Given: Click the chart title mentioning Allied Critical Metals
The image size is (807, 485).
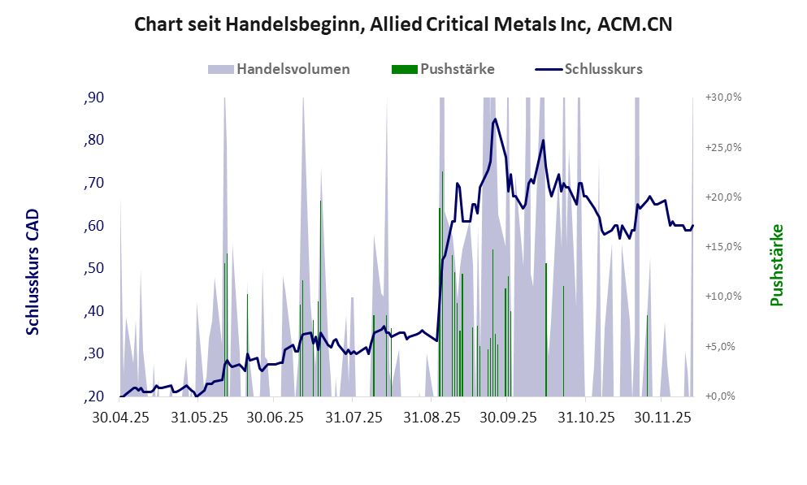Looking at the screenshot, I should point(403,25).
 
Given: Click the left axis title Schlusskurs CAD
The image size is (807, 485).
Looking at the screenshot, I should point(33,273).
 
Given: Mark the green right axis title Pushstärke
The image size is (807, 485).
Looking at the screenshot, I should point(776,266).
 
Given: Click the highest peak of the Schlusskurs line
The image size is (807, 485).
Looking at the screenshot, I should point(495,119).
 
